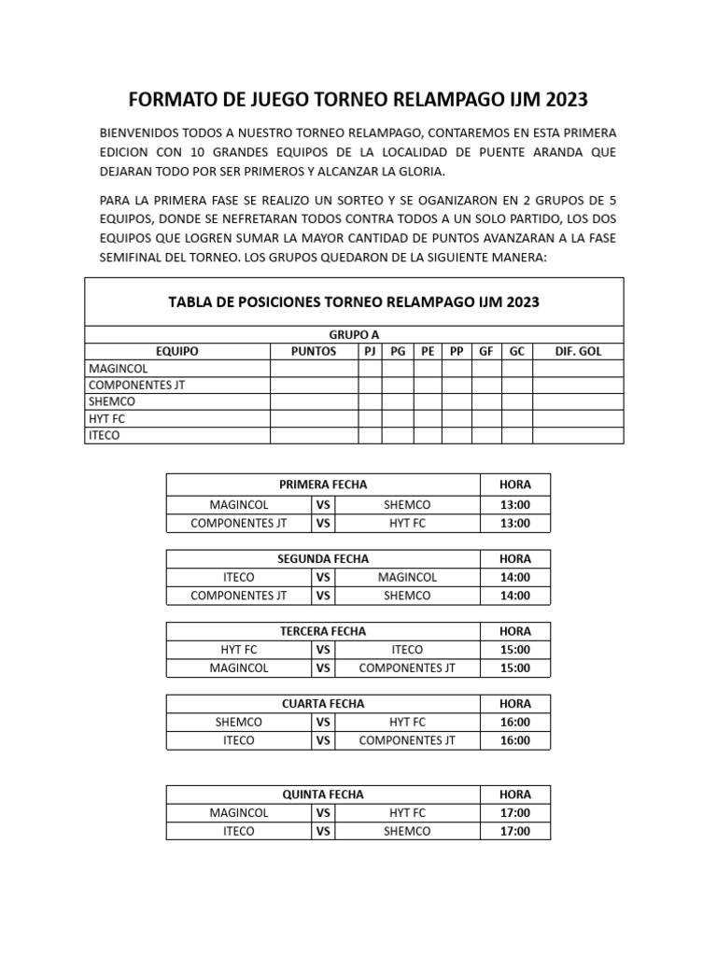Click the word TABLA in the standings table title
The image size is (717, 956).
[x=190, y=302]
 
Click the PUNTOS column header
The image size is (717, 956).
[x=314, y=351]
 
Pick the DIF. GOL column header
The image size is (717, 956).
[x=578, y=351]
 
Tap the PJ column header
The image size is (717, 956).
[x=370, y=351]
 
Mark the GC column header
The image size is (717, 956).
[x=516, y=351]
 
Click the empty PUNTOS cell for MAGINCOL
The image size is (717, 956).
[x=314, y=369]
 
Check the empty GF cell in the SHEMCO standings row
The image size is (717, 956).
[x=486, y=401]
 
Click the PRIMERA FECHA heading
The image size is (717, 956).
[x=323, y=484]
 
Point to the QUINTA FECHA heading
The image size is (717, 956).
[x=323, y=794]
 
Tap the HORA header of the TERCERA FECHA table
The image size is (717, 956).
[x=514, y=631]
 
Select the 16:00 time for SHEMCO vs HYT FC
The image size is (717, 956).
[x=514, y=722]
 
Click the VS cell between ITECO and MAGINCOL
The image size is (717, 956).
[x=323, y=577]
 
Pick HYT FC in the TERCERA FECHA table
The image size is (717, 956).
[x=238, y=650]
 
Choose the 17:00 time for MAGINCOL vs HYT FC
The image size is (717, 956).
[x=514, y=812]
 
